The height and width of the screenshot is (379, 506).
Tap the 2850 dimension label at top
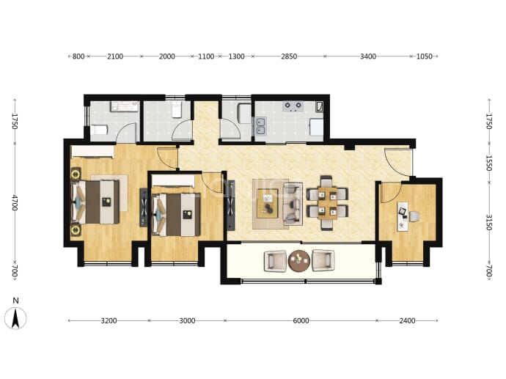pyautogui.click(x=289, y=56)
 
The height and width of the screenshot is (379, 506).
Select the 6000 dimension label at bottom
pyautogui.click(x=301, y=320)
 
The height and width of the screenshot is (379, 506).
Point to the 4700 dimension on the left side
pyautogui.click(x=15, y=202)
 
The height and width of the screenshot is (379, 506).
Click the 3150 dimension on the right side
pyautogui.click(x=488, y=223)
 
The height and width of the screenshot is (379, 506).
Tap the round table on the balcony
pyautogui.click(x=299, y=261)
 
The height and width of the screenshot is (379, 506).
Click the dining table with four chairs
pyautogui.click(x=327, y=203)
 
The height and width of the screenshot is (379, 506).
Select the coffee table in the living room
pyautogui.click(x=268, y=204)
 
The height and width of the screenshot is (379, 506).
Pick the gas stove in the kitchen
pyautogui.click(x=293, y=106)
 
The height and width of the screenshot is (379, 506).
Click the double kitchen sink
pyautogui.click(x=261, y=126)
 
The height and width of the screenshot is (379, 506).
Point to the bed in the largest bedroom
pyautogui.click(x=95, y=202)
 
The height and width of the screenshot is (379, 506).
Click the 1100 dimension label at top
pyautogui.click(x=206, y=56)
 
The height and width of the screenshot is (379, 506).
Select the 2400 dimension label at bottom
pyautogui.click(x=407, y=320)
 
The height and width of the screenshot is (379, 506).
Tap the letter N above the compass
pyautogui.click(x=15, y=301)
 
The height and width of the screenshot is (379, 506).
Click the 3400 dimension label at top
pyautogui.click(x=368, y=56)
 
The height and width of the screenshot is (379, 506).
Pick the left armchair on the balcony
pyautogui.click(x=275, y=261)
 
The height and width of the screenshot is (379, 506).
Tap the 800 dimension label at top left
pyautogui.click(x=78, y=56)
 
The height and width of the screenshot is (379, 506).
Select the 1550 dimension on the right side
pyautogui.click(x=488, y=163)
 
